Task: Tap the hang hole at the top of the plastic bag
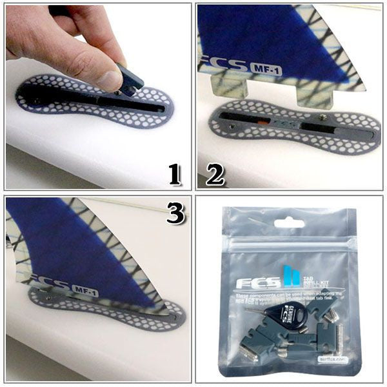(x=289, y=224)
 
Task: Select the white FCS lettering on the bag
(x=257, y=283)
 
